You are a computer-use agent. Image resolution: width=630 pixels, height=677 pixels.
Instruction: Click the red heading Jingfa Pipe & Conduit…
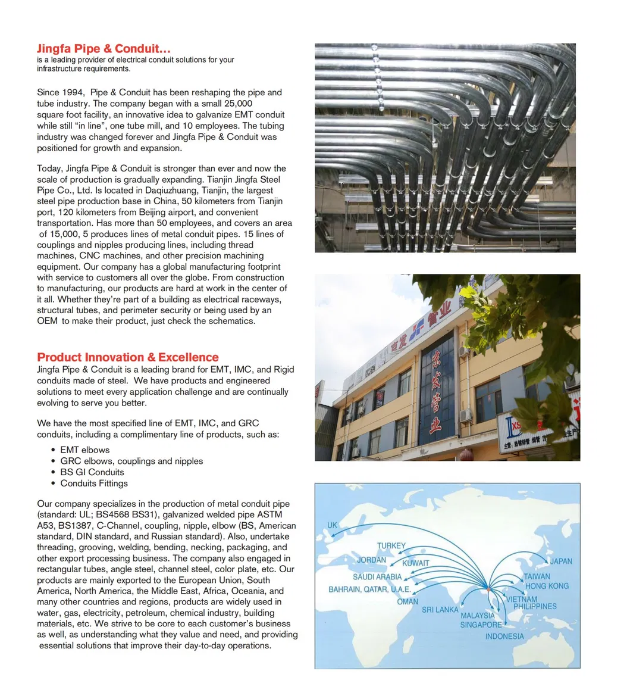[x=104, y=49]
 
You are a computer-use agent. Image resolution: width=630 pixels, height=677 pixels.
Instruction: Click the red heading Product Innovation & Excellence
[x=127, y=357]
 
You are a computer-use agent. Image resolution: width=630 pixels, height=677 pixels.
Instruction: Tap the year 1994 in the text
[x=73, y=92]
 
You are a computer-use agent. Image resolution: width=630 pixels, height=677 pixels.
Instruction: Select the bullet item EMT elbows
[x=84, y=450]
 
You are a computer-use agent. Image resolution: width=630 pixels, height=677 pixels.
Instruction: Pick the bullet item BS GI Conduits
[x=92, y=472]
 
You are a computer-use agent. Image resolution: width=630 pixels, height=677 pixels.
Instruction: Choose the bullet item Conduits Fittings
[x=93, y=483]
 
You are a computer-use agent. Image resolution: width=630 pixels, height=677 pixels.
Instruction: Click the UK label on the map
[x=332, y=525]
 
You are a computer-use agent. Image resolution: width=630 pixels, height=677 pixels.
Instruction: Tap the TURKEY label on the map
[x=391, y=545]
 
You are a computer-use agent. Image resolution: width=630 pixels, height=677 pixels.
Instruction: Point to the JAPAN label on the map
[x=561, y=561]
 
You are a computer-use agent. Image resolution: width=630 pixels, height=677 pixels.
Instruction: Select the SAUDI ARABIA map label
[x=377, y=576]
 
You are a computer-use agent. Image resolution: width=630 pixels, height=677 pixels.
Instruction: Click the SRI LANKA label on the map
[x=440, y=610]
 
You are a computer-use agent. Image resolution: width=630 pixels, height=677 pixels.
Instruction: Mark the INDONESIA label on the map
[x=504, y=636]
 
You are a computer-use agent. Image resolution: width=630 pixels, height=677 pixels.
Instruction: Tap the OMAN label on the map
[x=408, y=601]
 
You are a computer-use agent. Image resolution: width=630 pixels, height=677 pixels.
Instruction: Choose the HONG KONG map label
[x=547, y=586]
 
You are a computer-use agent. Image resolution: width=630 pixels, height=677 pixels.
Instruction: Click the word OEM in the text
[x=47, y=322]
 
